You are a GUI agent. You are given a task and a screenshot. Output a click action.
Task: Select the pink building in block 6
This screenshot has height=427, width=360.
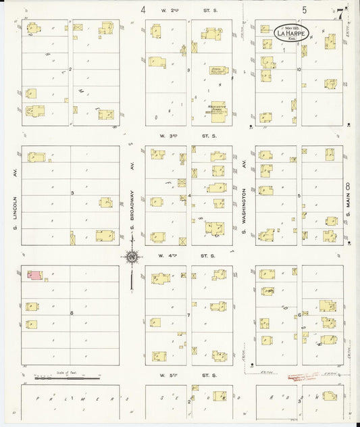[x=33, y=274]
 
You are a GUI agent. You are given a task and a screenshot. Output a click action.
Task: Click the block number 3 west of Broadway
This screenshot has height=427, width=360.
[x=71, y=193]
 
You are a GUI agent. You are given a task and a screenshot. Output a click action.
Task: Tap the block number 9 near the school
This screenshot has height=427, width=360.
[x=189, y=70]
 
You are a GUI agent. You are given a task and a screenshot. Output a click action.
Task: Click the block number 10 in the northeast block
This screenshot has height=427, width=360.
[x=298, y=69]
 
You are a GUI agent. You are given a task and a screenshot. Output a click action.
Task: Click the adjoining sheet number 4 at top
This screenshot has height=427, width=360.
[x=143, y=9]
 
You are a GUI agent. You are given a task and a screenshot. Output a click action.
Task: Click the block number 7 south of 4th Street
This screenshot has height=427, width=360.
[x=188, y=315]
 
